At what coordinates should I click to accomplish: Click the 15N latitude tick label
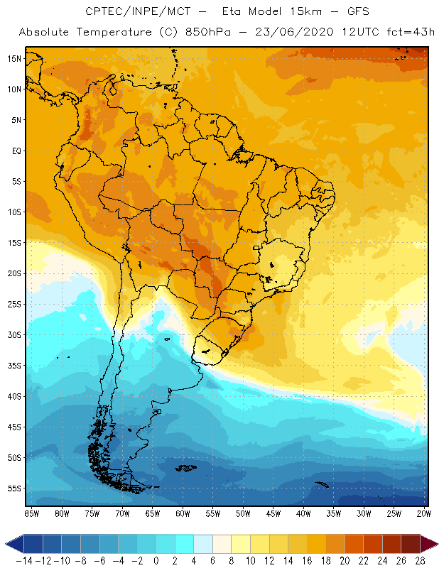[x=13, y=58]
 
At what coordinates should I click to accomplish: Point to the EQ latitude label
[x=16, y=151]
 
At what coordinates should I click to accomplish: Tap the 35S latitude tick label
[x=13, y=366]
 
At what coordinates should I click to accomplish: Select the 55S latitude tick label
[x=13, y=488]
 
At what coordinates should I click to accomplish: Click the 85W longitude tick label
[x=31, y=513]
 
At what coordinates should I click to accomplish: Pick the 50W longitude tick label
[x=244, y=513]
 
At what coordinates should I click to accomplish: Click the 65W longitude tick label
[x=153, y=513]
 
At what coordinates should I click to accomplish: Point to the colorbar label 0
[x=156, y=560]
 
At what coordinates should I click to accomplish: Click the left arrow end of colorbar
[x=11, y=544]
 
